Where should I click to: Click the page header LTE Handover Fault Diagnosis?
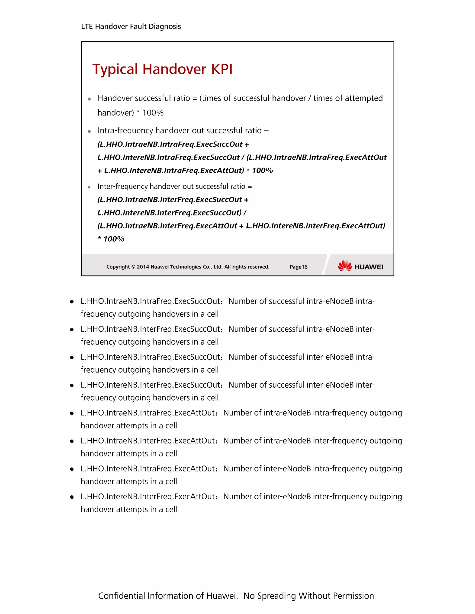(131, 26)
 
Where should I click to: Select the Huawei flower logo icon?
(345, 266)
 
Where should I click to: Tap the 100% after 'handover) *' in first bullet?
(153, 113)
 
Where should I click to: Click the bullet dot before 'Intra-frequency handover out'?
(89, 131)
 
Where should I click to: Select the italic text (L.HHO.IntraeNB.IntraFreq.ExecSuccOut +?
(173, 144)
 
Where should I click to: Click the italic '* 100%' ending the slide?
(111, 239)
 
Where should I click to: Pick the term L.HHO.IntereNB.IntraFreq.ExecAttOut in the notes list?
(148, 469)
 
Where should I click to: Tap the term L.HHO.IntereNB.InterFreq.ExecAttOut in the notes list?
(148, 497)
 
